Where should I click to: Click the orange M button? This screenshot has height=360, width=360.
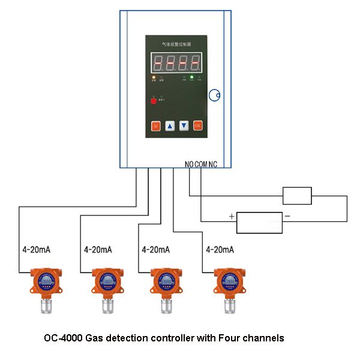point(155,126)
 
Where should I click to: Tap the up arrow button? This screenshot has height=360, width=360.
point(170,126)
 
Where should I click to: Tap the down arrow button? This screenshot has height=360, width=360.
point(184,126)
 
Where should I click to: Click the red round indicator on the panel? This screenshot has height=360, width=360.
point(154,101)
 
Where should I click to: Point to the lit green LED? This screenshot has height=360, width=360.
point(193,77)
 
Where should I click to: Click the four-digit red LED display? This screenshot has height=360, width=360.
point(175,62)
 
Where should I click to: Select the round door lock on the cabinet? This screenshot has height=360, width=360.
point(215,95)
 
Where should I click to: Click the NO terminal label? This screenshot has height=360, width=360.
point(190,164)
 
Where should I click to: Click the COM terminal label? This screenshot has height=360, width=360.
point(202,164)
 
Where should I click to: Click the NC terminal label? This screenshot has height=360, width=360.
point(213,164)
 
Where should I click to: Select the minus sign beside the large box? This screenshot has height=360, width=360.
point(287,216)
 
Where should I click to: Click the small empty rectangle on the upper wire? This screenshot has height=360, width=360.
point(297,196)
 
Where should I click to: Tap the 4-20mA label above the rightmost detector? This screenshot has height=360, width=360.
point(220,249)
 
